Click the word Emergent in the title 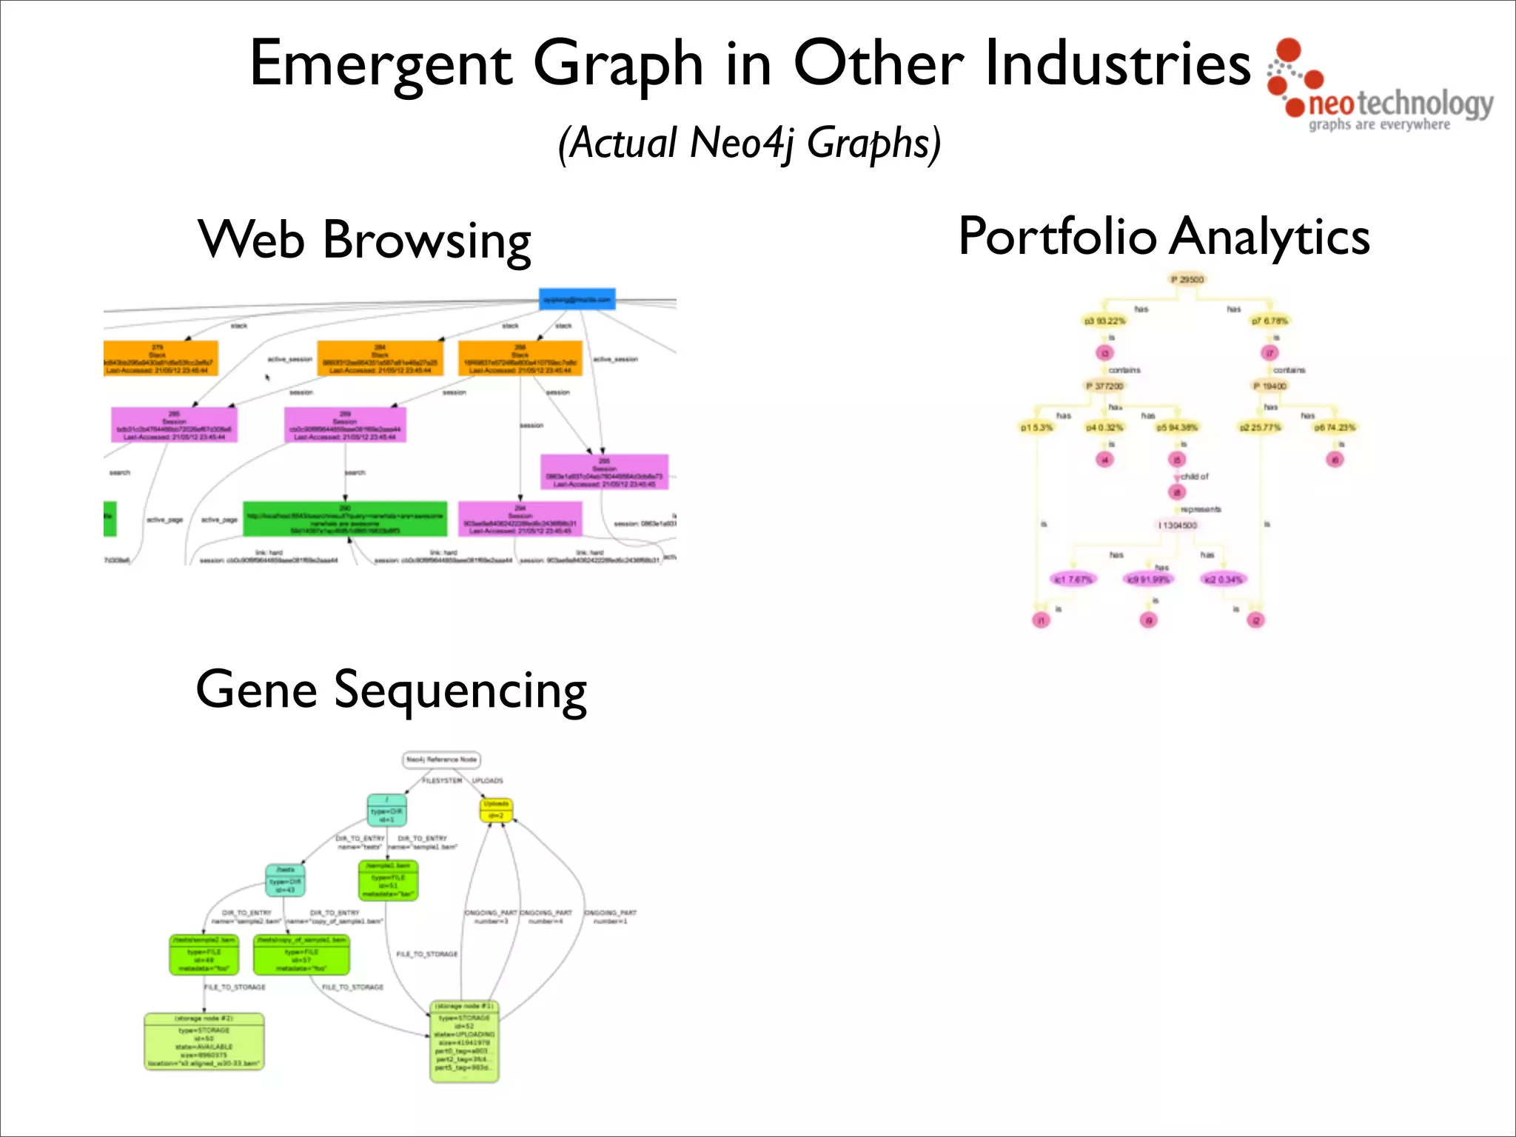tap(380, 65)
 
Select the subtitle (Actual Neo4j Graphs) tap(749, 143)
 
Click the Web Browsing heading tap(364, 240)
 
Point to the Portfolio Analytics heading tap(1164, 237)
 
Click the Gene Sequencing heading tap(391, 690)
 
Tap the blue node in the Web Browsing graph tap(577, 299)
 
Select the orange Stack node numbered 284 tap(380, 358)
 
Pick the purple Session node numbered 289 tap(345, 425)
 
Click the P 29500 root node tap(1187, 280)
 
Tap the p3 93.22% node tap(1104, 321)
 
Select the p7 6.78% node tap(1270, 321)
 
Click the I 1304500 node tap(1178, 525)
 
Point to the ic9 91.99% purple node tap(1147, 579)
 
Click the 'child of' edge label tap(1194, 477)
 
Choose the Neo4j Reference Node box tap(442, 759)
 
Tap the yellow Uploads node tap(496, 810)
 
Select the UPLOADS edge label tap(487, 781)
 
